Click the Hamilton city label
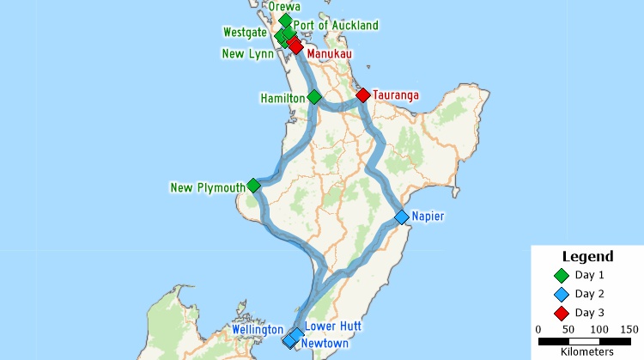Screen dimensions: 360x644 (283, 99)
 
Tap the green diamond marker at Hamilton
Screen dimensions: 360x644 (314, 97)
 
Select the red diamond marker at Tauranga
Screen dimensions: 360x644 (363, 95)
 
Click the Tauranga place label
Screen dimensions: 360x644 (396, 95)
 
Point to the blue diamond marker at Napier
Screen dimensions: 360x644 (401, 217)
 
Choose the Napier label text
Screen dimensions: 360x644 (428, 217)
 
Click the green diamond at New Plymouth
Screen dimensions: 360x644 (253, 186)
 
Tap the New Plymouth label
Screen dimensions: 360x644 (207, 188)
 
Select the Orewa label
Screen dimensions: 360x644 (284, 7)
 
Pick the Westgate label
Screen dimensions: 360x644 (245, 33)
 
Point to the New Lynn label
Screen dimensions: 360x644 (247, 53)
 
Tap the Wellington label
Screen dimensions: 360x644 (257, 330)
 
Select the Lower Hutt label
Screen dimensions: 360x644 (333, 327)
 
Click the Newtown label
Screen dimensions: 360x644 (325, 344)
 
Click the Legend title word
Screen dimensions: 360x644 (587, 256)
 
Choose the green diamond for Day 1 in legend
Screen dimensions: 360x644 (562, 276)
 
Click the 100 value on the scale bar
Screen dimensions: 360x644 (598, 329)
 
